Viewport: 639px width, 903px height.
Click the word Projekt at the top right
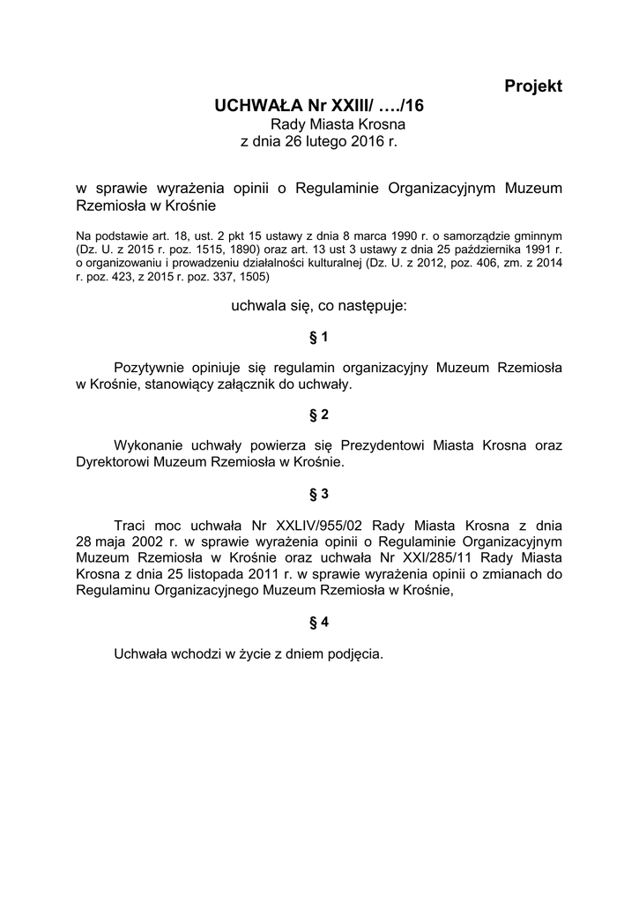pyautogui.click(x=533, y=86)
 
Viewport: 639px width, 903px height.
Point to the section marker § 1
pyautogui.click(x=319, y=337)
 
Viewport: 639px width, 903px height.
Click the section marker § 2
pyautogui.click(x=319, y=414)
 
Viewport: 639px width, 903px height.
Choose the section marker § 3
pyautogui.click(x=319, y=492)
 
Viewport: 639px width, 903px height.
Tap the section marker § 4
pyautogui.click(x=319, y=622)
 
